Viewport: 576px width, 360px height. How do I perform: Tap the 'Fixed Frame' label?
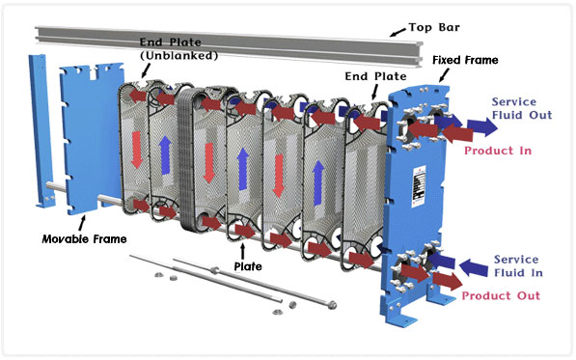pos(465,60)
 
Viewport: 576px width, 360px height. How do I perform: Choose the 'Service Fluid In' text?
pos(522,266)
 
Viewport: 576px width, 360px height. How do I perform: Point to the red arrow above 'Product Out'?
pos(442,281)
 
